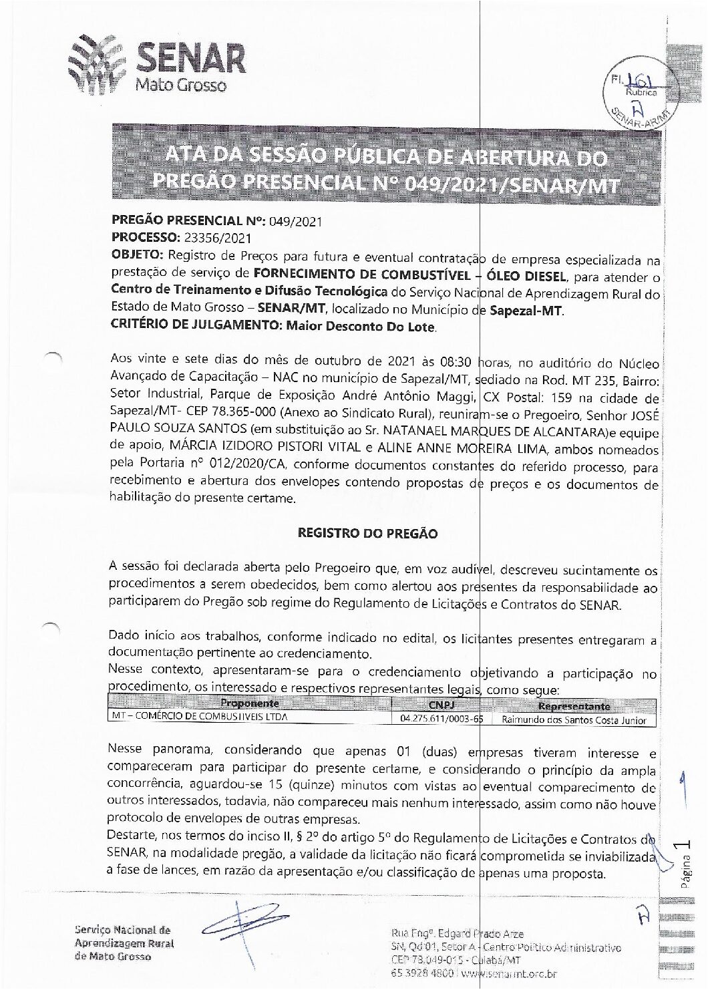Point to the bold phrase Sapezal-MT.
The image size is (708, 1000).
point(526,311)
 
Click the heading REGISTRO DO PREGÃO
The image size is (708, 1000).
point(367,534)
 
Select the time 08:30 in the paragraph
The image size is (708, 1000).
point(456,363)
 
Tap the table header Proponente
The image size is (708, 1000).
point(249,703)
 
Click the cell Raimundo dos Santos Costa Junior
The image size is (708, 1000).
point(574,720)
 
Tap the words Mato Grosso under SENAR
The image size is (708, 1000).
point(180,86)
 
